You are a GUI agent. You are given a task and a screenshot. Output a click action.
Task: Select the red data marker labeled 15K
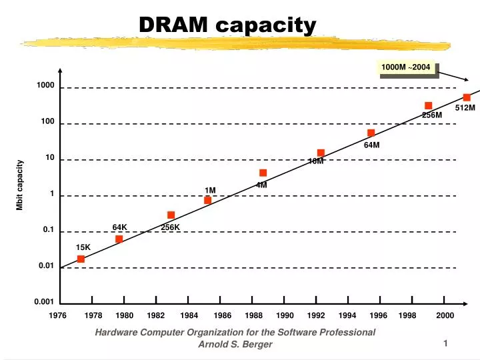click(81, 259)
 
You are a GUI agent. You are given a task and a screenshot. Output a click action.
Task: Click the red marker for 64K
click(119, 239)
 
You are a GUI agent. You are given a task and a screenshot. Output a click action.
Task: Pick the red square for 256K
click(171, 215)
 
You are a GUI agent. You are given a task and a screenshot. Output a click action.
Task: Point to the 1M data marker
click(207, 200)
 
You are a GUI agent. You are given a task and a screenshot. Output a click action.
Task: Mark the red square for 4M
click(263, 173)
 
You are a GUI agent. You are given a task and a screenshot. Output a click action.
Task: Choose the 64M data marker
click(371, 133)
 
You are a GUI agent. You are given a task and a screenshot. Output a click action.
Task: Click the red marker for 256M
click(428, 105)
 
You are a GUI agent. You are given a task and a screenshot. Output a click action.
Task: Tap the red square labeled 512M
click(467, 97)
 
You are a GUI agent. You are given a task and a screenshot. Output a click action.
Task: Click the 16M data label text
click(316, 161)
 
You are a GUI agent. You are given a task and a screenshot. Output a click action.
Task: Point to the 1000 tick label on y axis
click(45, 86)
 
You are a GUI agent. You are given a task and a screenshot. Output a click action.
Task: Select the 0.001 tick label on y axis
click(44, 302)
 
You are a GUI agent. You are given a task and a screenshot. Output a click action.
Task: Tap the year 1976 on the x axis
click(58, 315)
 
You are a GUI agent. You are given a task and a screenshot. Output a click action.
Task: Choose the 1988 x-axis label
click(253, 315)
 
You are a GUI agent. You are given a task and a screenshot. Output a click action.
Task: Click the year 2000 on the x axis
click(445, 315)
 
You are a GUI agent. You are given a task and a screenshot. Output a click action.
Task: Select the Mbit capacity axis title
click(20, 185)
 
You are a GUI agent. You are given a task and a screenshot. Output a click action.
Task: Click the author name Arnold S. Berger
click(235, 344)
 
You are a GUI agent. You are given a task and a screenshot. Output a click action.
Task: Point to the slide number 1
click(445, 343)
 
